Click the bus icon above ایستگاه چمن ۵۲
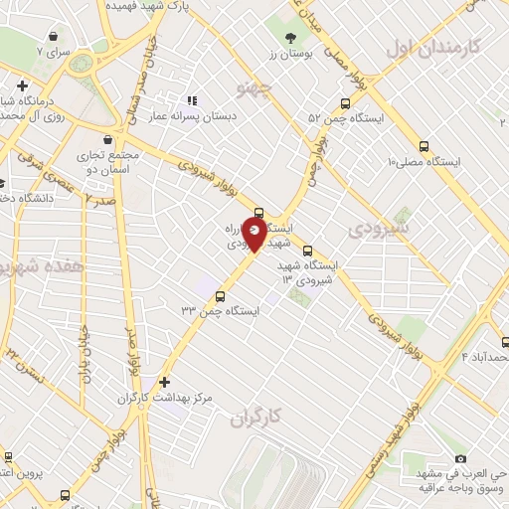tap(344, 102)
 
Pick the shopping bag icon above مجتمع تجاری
tap(106, 140)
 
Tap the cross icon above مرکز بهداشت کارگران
tap(164, 382)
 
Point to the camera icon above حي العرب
tap(459, 458)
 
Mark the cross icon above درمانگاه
tap(22, 85)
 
